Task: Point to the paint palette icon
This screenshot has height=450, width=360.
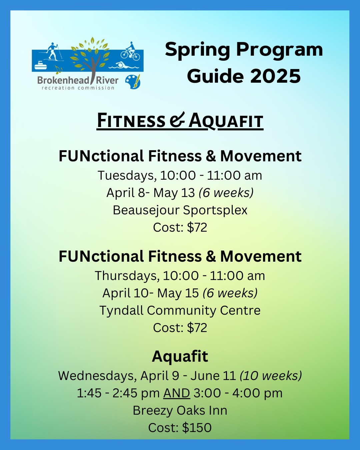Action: tap(133, 82)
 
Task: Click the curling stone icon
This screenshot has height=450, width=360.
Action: tap(40, 65)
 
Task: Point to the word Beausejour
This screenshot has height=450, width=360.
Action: tap(146, 210)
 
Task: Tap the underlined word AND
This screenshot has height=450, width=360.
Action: tap(177, 393)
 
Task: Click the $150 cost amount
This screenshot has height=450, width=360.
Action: tap(197, 428)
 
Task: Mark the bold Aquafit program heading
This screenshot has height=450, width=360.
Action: tap(180, 357)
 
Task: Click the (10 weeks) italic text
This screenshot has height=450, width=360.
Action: tap(270, 376)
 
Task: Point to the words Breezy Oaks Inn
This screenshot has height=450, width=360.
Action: tap(180, 410)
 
